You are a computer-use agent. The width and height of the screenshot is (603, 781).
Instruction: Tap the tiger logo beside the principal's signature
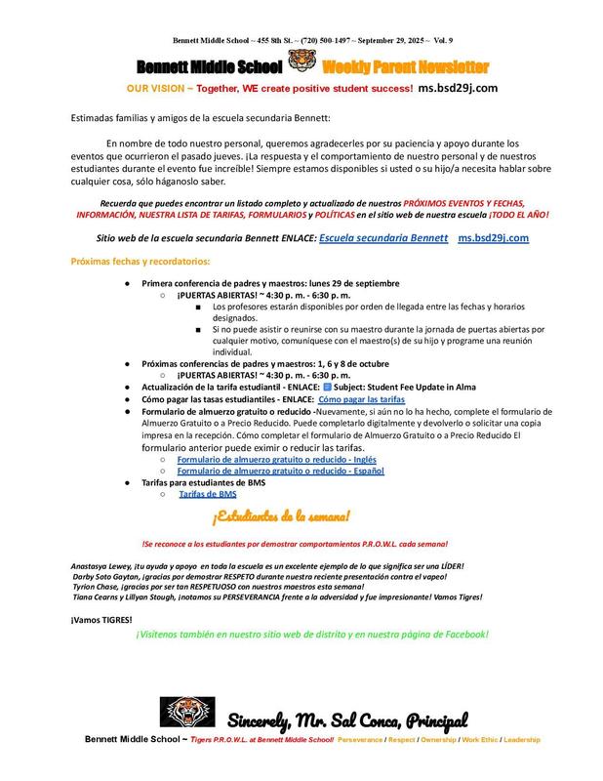pyautogui.click(x=188, y=716)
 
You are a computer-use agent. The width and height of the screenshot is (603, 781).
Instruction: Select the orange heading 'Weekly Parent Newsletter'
pyautogui.click(x=405, y=67)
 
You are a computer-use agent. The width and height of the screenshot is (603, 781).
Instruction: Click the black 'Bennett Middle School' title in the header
pyautogui.click(x=210, y=67)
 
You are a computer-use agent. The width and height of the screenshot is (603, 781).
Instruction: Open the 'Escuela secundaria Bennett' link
pyautogui.click(x=383, y=238)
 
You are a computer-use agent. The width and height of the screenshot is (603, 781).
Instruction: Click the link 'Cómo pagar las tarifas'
pyautogui.click(x=361, y=400)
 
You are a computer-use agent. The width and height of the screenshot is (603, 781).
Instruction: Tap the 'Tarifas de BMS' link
pyautogui.click(x=208, y=495)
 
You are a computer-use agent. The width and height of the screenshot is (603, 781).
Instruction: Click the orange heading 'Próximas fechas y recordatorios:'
pyautogui.click(x=141, y=262)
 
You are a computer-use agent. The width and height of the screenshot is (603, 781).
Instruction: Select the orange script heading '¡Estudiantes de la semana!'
pyautogui.click(x=282, y=515)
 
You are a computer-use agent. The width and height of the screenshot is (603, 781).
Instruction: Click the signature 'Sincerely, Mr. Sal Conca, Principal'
pyautogui.click(x=348, y=720)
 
